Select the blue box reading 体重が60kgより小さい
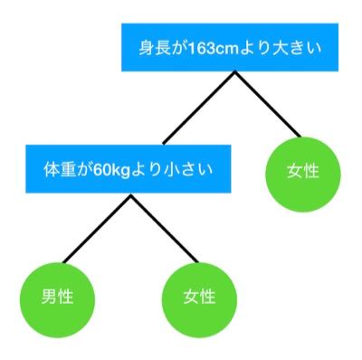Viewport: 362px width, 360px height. pos(127,168)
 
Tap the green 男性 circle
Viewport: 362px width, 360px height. pos(57,296)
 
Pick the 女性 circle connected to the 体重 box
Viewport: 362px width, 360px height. pos(201,296)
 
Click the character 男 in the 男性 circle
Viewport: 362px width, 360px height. pos(49,296)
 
